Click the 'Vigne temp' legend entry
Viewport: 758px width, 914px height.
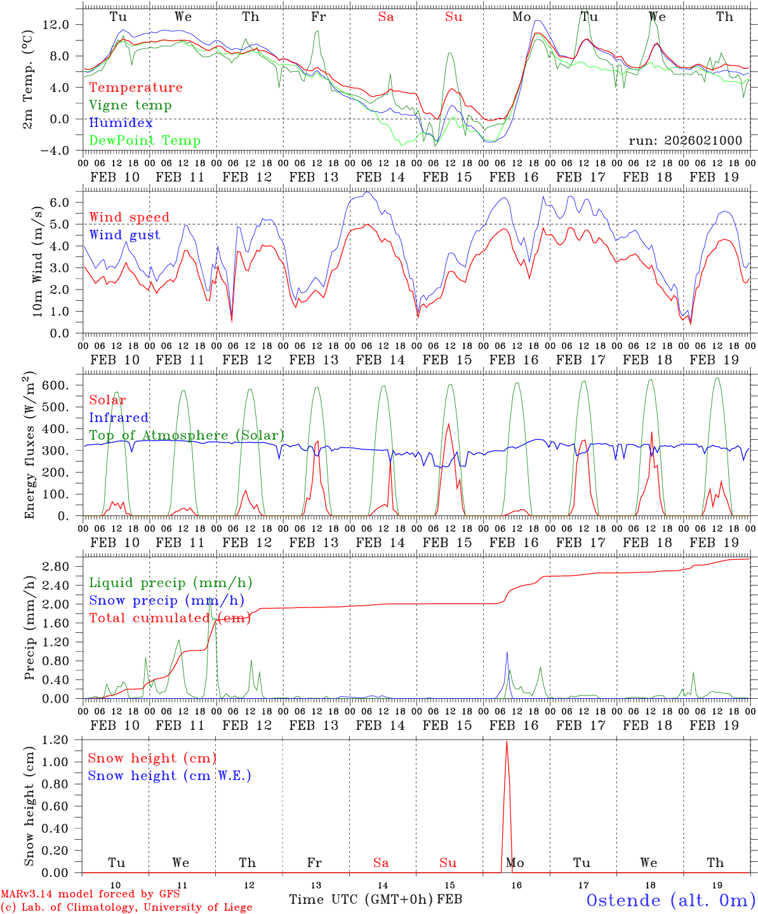[130, 105]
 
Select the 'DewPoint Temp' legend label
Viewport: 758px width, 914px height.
[145, 141]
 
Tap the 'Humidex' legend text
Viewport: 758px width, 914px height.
[121, 123]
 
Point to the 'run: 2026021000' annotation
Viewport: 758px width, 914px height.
[685, 141]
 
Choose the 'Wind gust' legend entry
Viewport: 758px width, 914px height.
[124, 235]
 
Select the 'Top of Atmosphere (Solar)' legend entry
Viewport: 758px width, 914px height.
[187, 435]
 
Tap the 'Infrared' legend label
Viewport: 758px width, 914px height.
[119, 418]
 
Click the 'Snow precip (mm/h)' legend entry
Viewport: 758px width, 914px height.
[166, 600]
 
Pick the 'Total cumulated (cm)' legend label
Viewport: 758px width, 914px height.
[170, 618]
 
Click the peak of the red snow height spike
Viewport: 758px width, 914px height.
[506, 741]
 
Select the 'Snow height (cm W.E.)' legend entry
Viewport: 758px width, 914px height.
[170, 776]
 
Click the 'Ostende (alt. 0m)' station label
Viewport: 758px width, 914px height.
[670, 900]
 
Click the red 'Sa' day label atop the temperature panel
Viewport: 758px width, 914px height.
[386, 17]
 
